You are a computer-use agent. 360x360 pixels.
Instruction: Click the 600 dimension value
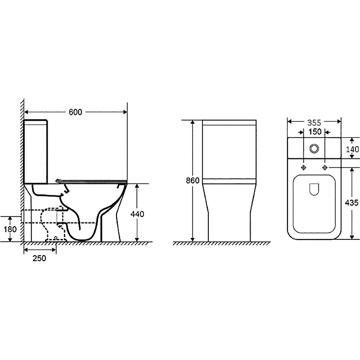(x=75, y=112)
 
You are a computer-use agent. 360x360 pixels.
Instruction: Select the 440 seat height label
(x=137, y=214)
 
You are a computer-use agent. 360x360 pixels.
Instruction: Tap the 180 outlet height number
(x=10, y=229)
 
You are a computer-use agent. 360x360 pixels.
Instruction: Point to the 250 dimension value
(x=39, y=258)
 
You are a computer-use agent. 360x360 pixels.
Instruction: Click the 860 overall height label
(x=193, y=181)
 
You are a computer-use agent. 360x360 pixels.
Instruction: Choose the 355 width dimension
(x=314, y=123)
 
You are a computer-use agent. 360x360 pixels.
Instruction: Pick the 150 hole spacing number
(x=315, y=132)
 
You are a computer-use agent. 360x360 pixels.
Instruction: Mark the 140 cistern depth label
(x=352, y=149)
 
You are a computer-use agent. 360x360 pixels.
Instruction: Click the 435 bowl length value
(x=351, y=203)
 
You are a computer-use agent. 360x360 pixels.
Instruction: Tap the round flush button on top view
(x=314, y=148)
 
